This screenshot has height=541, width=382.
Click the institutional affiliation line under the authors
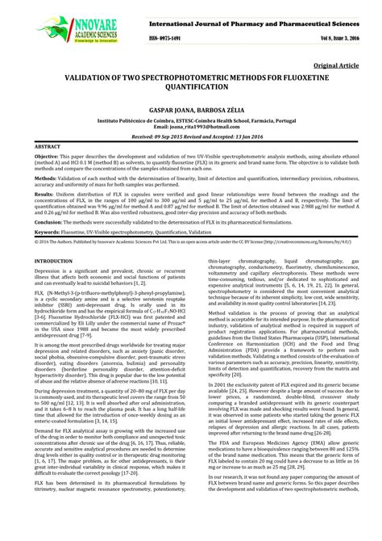pyautogui.click(x=191, y=141)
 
